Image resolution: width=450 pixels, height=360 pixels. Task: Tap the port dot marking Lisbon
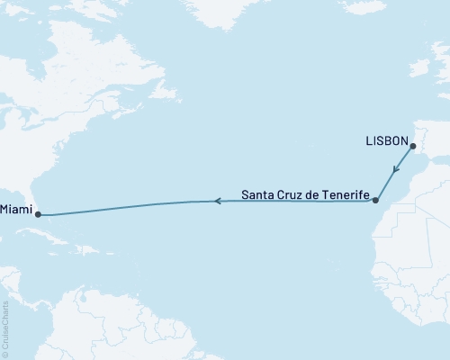coord(411,147)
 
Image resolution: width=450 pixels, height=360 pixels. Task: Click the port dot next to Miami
coord(39,214)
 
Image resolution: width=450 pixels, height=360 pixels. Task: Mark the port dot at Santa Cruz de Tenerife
coord(376,200)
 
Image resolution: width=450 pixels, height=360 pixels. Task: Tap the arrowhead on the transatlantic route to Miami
coord(215,202)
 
